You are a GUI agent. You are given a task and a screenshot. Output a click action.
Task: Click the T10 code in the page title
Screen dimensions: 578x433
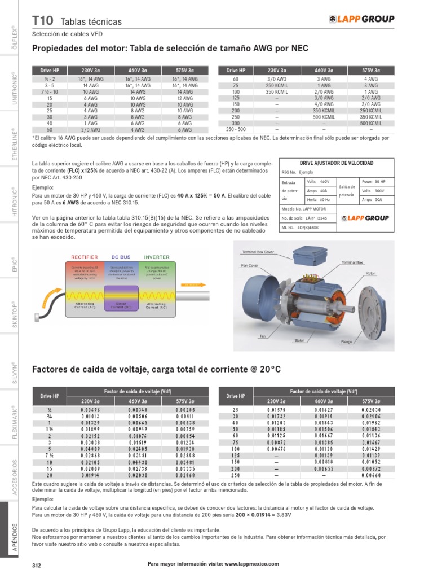(43, 21)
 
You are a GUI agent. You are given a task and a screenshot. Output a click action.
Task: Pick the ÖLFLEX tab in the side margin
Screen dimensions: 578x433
(15, 37)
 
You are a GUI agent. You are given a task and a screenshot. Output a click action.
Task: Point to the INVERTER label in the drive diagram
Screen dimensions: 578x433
(157, 257)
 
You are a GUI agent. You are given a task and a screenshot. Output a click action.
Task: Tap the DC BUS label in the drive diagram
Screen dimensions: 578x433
(121, 257)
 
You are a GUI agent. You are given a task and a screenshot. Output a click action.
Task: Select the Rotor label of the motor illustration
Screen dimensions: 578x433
(370, 273)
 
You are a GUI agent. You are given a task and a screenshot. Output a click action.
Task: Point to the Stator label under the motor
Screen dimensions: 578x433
(299, 341)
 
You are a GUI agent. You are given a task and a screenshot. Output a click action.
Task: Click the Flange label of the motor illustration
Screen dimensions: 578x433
(346, 342)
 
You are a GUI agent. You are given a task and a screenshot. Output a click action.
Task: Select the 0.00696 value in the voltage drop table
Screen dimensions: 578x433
(91, 409)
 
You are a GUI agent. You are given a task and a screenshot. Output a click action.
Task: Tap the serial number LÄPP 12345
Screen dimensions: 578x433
(316, 218)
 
